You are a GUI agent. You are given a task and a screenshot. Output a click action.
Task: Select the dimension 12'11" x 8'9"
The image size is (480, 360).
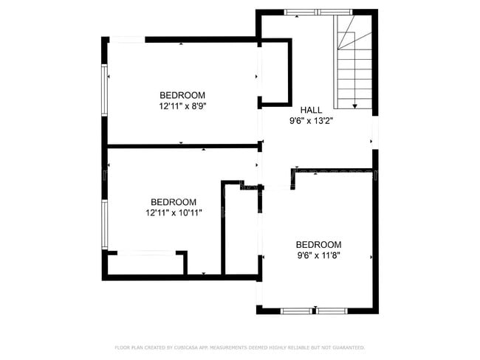click(x=182, y=106)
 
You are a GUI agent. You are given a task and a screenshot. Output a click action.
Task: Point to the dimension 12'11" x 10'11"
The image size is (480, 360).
click(x=174, y=212)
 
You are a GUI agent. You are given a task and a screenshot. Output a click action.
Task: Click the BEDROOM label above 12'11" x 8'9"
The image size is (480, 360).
click(x=182, y=95)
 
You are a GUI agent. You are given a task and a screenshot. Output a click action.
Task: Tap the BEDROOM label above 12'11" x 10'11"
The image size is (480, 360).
click(x=174, y=201)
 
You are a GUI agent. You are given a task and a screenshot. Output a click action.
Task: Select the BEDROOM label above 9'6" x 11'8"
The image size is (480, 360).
click(x=318, y=244)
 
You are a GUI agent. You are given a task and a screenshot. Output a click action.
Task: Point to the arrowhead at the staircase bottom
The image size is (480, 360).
click(x=355, y=106)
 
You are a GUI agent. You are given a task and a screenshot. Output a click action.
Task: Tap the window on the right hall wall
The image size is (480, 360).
click(x=374, y=133)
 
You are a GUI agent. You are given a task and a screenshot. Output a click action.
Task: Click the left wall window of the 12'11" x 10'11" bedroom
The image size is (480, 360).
click(x=105, y=224)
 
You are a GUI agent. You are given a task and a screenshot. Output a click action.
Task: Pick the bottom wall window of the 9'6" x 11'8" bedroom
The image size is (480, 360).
click(x=318, y=310)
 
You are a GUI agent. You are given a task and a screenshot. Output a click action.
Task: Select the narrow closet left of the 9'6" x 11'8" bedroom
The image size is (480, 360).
click(x=241, y=229)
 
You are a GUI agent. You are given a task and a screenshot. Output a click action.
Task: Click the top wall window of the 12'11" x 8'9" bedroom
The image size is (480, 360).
click(x=129, y=38)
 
